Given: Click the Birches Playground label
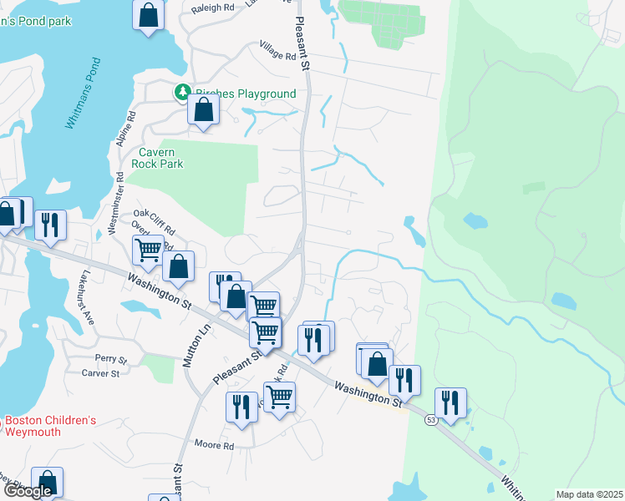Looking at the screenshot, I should [245, 94].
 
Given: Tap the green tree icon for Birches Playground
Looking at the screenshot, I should [181, 94].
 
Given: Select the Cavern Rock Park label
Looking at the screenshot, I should [156, 158].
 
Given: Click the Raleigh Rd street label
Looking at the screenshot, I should [212, 8].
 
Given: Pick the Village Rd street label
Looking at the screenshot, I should [277, 51].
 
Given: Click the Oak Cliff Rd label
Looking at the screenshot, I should [154, 222].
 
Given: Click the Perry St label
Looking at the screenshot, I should [110, 359].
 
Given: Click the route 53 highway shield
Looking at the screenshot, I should [430, 419].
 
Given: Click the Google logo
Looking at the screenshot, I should [28, 491].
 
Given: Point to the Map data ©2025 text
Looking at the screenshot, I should [589, 494].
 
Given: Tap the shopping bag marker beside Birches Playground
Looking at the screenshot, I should [203, 109].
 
